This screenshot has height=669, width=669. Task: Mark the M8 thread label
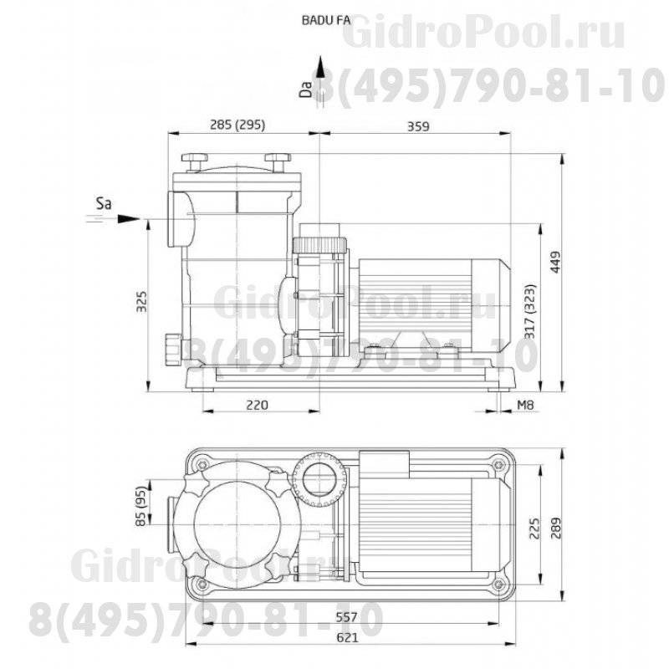[525, 405]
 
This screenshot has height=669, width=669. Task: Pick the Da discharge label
[307, 88]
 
